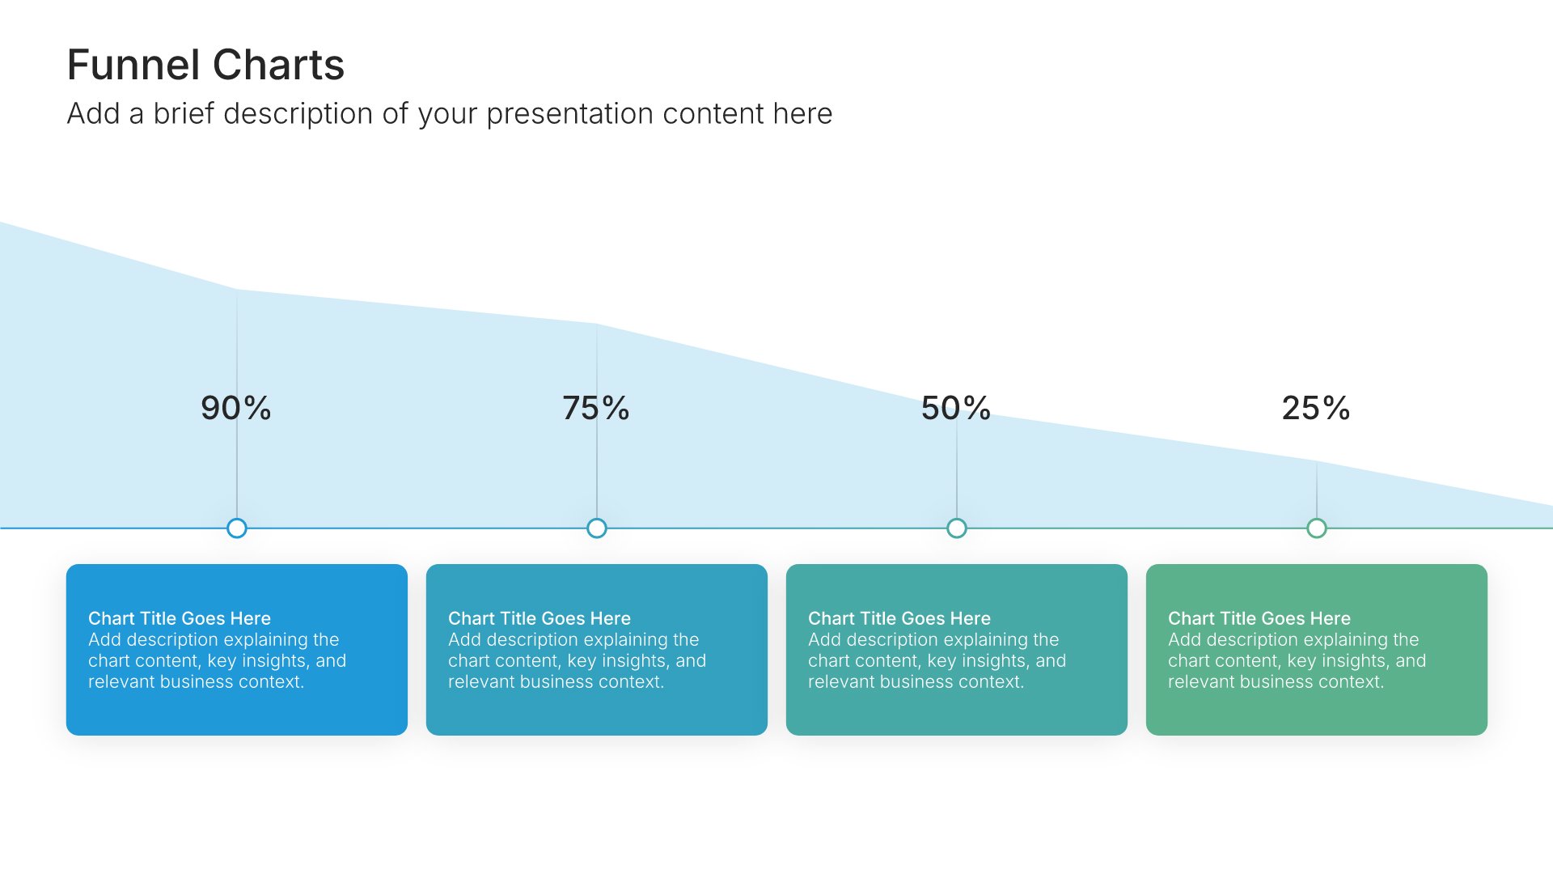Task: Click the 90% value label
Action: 236,408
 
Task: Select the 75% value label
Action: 596,408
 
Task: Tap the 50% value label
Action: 956,408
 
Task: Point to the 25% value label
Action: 1316,408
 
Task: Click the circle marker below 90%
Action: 237,528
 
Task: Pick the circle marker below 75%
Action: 597,528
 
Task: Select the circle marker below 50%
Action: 957,528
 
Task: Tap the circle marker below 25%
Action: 1317,528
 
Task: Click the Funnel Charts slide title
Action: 205,65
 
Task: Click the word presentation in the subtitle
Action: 570,114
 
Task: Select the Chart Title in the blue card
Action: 180,618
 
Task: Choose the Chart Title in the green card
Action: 1259,618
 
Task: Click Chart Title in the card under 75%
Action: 540,618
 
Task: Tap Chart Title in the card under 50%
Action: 899,618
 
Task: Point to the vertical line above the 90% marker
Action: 237,404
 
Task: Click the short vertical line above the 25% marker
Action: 1317,490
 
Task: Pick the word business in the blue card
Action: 189,681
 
